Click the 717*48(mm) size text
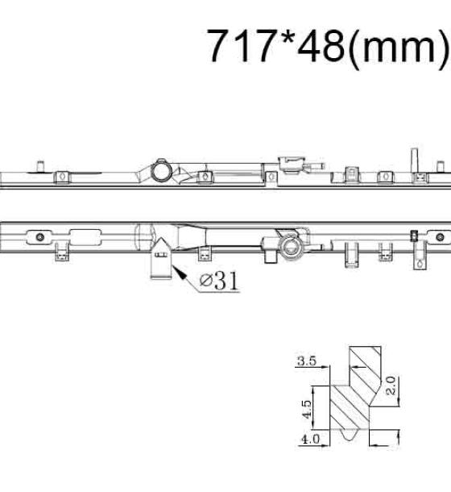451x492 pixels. pos(328,46)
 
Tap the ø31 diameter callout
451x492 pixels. pos(219,281)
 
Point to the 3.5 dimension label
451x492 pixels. pos(307,361)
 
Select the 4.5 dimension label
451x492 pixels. pos(307,409)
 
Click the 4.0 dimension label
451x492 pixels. pos(310,439)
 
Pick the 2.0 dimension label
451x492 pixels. pos(391,386)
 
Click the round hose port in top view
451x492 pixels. pos(162,170)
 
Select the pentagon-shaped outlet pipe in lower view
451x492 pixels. pos(161,258)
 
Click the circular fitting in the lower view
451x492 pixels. pos(290,248)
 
